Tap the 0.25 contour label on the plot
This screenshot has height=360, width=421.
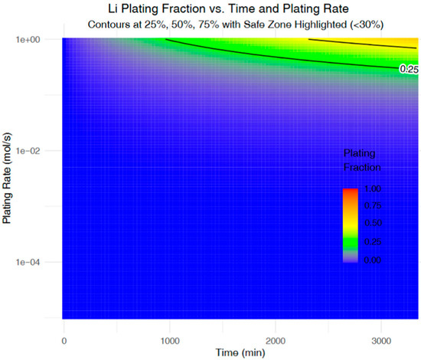coord(408,69)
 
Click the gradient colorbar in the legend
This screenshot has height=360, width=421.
coord(351,224)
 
